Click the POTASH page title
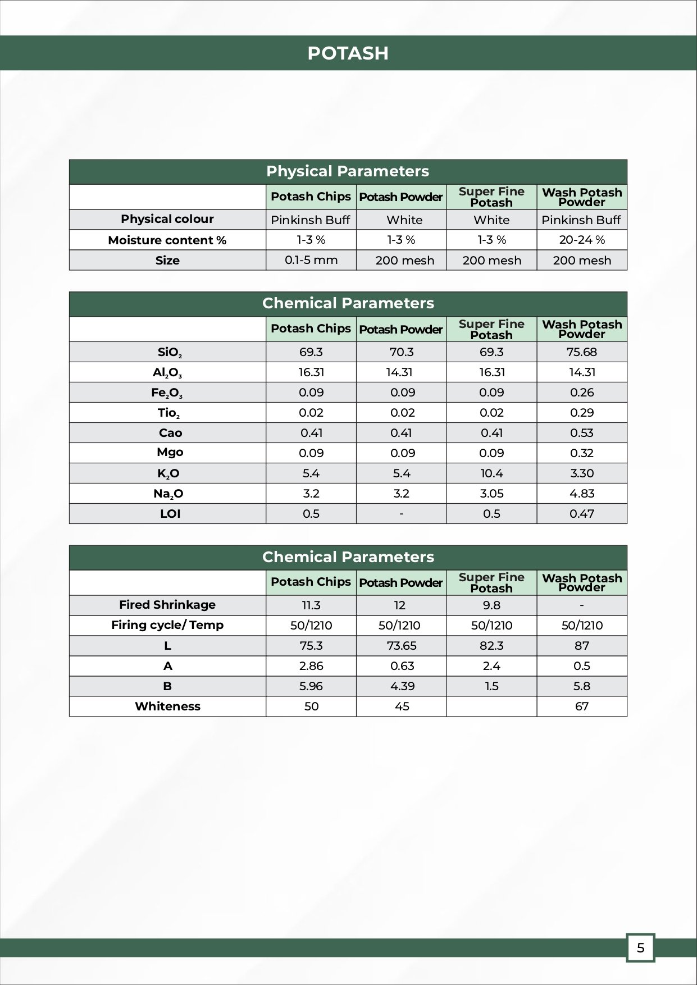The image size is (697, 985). click(x=348, y=53)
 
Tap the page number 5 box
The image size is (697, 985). click(x=640, y=948)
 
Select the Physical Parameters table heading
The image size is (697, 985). click(x=348, y=171)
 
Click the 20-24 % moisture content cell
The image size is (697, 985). click(x=582, y=240)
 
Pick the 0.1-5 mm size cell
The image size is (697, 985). click(x=311, y=260)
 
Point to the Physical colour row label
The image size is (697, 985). click(x=167, y=219)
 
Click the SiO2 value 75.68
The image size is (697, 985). click(x=582, y=352)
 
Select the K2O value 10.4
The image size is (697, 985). click(x=491, y=473)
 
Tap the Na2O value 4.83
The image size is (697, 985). click(x=582, y=494)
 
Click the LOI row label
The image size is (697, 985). click(x=170, y=514)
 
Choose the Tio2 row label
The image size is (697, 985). click(x=168, y=413)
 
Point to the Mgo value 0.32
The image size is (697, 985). click(x=582, y=453)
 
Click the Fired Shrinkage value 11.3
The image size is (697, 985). click(x=311, y=605)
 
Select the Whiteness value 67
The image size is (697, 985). click(x=582, y=706)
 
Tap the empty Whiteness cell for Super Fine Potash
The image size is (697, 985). click(x=491, y=706)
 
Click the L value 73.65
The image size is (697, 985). click(x=402, y=646)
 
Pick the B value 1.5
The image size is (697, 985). click(x=491, y=686)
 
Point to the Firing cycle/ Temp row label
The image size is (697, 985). click(x=167, y=625)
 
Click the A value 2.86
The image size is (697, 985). click(x=311, y=666)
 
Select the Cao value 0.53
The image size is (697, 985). click(x=582, y=433)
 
